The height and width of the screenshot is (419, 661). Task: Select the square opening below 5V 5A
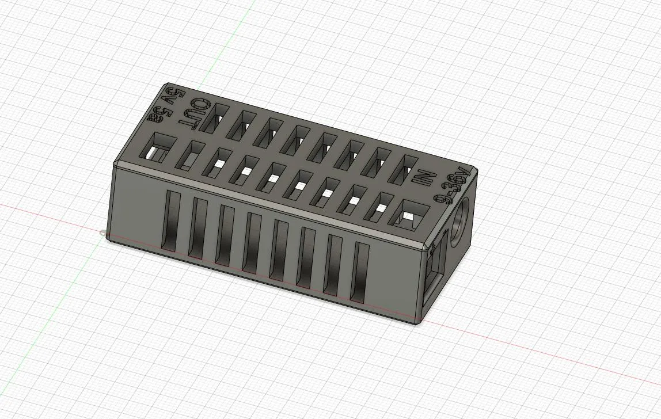pos(155,148)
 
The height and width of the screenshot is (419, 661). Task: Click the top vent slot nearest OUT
pos(214,119)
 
